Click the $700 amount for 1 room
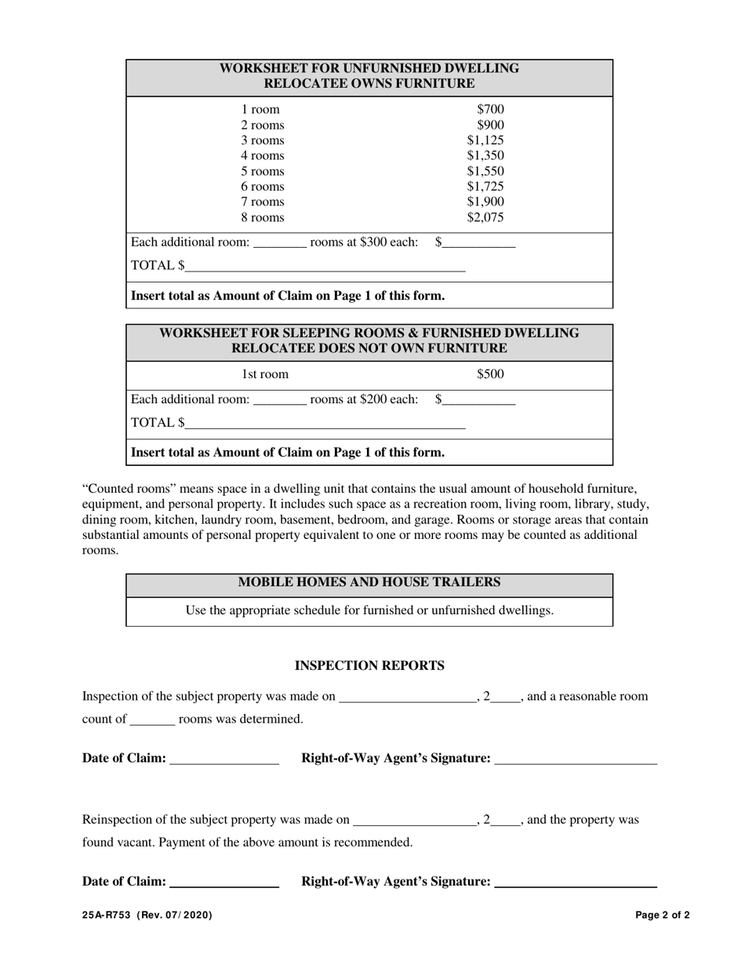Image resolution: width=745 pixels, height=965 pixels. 490,110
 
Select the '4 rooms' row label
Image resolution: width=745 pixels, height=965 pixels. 263,156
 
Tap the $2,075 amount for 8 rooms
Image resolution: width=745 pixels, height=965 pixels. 485,218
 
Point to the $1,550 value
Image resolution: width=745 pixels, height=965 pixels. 485,171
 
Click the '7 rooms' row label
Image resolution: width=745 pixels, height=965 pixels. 263,202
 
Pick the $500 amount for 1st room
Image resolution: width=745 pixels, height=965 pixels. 490,374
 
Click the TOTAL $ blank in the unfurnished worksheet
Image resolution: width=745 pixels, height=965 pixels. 325,267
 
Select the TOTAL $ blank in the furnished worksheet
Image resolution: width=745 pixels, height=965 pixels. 325,424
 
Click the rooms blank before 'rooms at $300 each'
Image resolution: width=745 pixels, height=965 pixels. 280,243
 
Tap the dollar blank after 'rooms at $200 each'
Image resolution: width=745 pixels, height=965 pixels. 479,400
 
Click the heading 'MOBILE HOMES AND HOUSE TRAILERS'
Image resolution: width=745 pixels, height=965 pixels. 369,582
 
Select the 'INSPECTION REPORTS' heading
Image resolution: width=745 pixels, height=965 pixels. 369,666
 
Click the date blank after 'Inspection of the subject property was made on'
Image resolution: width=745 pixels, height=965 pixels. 407,697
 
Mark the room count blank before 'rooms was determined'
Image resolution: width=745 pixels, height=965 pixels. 152,719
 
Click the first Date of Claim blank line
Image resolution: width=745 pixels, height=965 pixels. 224,759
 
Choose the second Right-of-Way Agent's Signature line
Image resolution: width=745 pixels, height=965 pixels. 576,883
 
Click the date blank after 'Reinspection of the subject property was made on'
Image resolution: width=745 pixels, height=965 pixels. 415,821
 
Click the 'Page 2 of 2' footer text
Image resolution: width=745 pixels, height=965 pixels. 663,915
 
